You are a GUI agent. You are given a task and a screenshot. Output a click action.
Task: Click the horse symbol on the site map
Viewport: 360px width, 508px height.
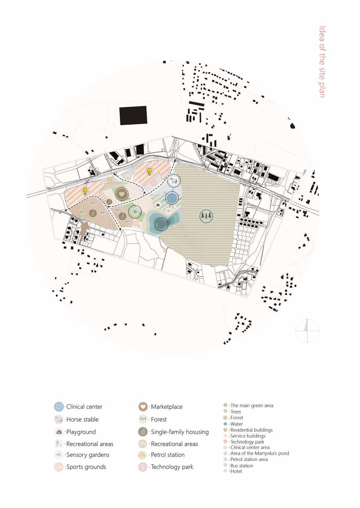pos(174,181)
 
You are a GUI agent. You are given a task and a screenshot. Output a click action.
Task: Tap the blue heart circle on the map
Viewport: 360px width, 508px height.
pos(172,198)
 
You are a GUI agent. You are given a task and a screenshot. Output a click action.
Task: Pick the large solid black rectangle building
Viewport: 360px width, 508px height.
pos(133,115)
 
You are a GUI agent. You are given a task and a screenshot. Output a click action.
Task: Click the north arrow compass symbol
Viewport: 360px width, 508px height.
pos(307,330)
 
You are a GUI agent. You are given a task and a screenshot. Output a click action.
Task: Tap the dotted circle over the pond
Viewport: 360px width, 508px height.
pos(161,223)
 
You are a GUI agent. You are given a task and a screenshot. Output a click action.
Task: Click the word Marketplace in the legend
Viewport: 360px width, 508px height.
pos(167,407)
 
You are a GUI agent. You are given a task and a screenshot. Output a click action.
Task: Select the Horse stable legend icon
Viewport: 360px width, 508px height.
pos(59,419)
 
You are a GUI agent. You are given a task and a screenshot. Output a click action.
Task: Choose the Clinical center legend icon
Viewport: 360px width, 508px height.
pos(59,407)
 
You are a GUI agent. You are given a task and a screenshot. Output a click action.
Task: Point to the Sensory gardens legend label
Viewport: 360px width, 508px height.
pos(88,455)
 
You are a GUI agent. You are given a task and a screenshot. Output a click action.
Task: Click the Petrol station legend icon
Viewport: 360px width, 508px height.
pos(143,455)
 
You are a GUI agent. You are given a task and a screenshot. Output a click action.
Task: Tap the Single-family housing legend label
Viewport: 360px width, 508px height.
pos(180,432)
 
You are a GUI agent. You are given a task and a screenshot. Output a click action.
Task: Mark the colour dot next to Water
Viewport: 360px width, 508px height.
pos(225,424)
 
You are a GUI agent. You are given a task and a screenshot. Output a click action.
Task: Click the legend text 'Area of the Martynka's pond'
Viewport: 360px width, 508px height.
pos(260,453)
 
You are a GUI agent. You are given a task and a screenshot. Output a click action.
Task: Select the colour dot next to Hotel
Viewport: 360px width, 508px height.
pos(225,471)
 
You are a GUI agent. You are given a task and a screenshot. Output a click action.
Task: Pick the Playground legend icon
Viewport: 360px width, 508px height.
pos(59,432)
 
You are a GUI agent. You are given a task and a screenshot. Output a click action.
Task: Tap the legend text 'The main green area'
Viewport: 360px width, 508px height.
pos(252,405)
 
